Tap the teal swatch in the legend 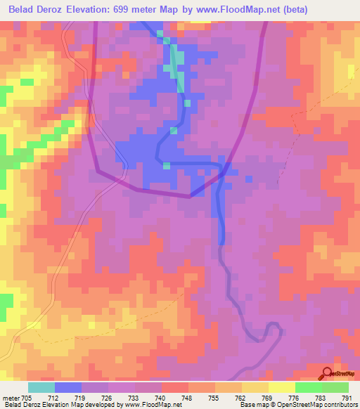41,387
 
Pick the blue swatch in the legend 68,387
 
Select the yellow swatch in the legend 281,387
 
